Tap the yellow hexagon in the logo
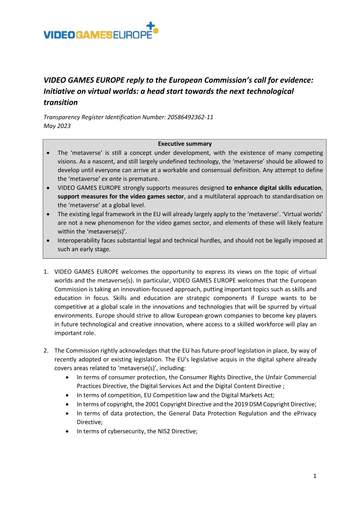click(156, 31)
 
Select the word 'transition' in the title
click(60, 102)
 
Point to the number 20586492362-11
click(186, 117)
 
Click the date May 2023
click(57, 126)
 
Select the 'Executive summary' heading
click(184, 144)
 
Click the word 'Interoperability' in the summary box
click(80, 240)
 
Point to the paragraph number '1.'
click(46, 272)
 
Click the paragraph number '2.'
click(46, 350)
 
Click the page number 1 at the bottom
click(315, 476)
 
